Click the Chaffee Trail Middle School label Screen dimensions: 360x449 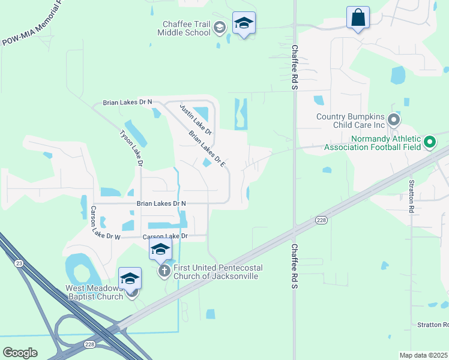(x=184, y=28)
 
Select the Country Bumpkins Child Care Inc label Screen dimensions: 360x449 (x=350, y=121)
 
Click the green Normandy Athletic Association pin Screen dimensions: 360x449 (x=429, y=142)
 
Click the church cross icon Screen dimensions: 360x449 (x=164, y=271)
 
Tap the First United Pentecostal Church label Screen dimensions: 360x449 (x=215, y=272)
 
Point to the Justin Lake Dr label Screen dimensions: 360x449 (x=196, y=118)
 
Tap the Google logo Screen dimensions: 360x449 (x=20, y=353)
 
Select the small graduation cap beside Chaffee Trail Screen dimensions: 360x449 (x=220, y=27)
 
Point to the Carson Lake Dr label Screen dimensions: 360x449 (x=165, y=236)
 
